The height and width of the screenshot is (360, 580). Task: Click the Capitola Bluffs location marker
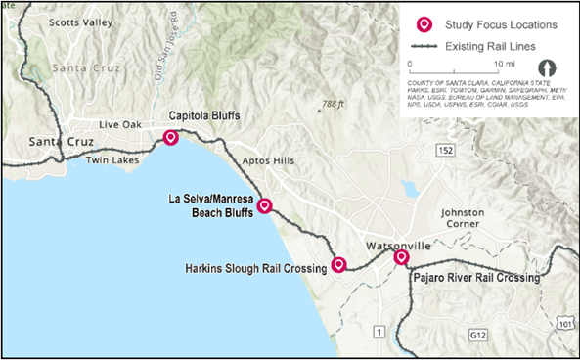[171, 138]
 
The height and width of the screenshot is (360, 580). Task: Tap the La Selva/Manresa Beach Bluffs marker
[263, 206]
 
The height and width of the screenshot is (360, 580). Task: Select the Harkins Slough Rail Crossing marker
[338, 264]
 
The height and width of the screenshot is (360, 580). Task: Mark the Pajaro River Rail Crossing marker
[401, 258]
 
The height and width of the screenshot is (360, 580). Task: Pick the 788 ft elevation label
[334, 104]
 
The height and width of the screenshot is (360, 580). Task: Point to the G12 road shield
[476, 337]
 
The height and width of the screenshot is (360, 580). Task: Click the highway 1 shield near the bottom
[379, 333]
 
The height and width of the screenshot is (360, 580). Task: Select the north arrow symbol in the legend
[548, 68]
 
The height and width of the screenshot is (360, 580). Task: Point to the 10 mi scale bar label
[503, 64]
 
